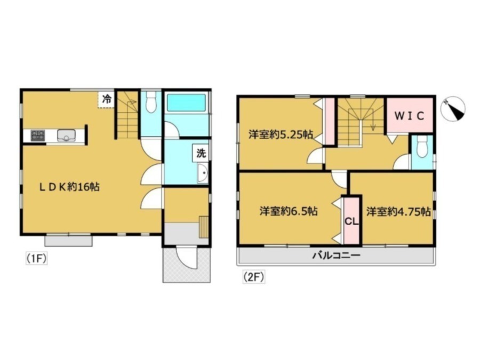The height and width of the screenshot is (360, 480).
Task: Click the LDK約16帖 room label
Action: (x=69, y=187)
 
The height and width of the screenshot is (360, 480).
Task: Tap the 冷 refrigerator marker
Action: (x=107, y=99)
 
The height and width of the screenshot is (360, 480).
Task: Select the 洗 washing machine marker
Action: (x=201, y=153)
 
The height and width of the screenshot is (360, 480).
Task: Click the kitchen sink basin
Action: (x=67, y=135)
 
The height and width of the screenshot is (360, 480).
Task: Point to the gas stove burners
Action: (x=38, y=135)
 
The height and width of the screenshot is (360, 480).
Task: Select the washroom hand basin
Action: (x=202, y=173)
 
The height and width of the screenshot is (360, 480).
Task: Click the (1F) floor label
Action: (x=36, y=259)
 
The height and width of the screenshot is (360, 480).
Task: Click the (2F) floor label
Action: (x=254, y=278)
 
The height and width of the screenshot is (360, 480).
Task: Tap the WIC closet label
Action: (x=409, y=116)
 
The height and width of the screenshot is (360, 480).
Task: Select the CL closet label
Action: (x=352, y=221)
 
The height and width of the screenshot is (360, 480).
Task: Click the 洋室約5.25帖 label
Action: (x=281, y=134)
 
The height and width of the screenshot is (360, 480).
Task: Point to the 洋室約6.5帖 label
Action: (x=289, y=211)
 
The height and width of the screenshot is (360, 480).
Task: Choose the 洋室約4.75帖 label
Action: (x=398, y=212)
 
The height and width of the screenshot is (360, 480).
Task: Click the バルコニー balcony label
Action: (x=336, y=255)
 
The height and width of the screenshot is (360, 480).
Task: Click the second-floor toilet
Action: (x=422, y=147)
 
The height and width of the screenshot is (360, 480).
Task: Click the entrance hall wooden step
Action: (x=204, y=227)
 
